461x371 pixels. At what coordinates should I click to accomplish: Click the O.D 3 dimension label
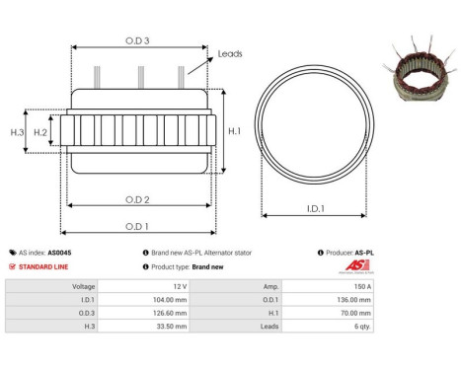[138, 40]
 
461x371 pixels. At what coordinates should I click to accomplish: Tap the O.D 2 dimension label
[137, 200]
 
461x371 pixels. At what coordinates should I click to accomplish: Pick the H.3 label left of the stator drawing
[16, 132]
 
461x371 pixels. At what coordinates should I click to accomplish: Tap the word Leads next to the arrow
[230, 54]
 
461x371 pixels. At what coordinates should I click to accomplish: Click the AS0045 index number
[60, 253]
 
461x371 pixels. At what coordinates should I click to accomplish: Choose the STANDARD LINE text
[46, 266]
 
